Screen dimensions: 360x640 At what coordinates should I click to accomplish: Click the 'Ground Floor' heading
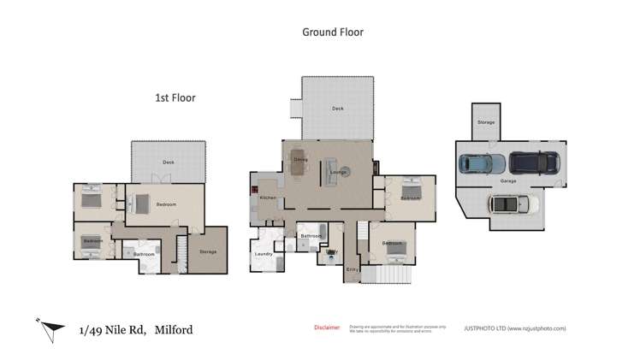tap(333, 32)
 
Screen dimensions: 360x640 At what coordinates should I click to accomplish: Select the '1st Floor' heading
tap(175, 98)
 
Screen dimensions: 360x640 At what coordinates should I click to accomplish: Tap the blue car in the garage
tap(481, 162)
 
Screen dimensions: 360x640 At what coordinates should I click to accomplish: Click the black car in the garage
tap(534, 161)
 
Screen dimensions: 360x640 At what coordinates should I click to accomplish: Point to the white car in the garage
tap(512, 204)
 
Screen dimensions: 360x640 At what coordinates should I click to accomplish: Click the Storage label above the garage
tap(486, 123)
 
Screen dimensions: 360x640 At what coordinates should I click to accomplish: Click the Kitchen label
tap(268, 199)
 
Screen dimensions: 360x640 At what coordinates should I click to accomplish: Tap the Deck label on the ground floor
tap(337, 109)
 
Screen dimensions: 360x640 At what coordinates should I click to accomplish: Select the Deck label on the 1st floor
tap(169, 162)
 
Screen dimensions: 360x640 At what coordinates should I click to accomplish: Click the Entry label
tap(351, 269)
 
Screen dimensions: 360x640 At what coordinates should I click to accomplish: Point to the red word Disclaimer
tap(327, 328)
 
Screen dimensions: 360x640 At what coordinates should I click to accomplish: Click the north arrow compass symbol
tap(52, 327)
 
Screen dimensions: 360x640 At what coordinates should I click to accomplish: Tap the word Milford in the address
tap(179, 329)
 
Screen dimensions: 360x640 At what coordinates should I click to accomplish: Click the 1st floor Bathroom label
tap(143, 254)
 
